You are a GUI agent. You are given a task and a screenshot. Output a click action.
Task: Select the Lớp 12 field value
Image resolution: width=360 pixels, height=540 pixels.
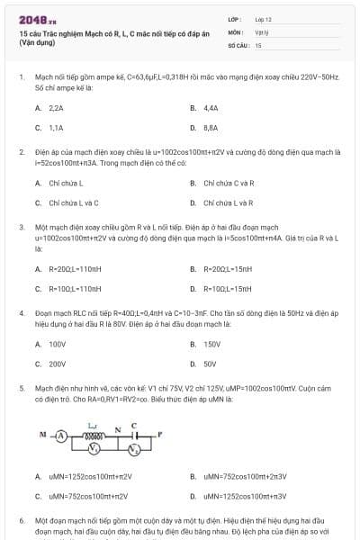(x=264, y=18)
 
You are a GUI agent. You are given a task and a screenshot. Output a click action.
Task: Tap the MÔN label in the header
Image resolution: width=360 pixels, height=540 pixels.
(x=237, y=31)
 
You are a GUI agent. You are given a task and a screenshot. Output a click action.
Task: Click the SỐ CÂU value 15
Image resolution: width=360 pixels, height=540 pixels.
(x=258, y=43)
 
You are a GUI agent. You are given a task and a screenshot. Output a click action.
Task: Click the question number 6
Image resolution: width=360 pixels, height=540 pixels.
(x=22, y=520)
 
